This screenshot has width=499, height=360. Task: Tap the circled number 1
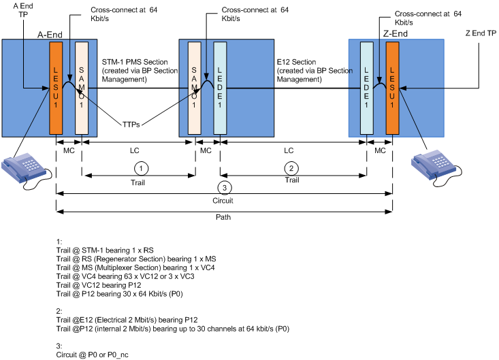[140, 167]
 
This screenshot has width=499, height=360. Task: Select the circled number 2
[292, 167]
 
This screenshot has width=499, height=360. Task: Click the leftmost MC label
[69, 148]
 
